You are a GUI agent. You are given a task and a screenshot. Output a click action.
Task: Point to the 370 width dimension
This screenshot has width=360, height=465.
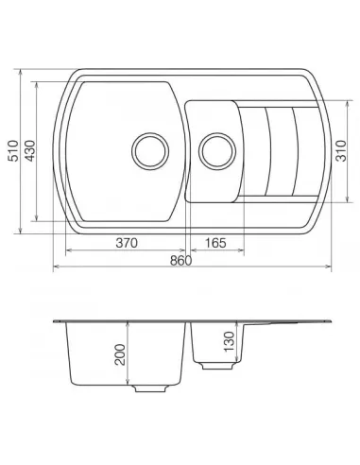(128, 243)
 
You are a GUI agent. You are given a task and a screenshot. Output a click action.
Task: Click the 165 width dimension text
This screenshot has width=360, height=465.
(214, 243)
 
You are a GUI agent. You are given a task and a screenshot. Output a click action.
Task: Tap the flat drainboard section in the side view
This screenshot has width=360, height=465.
(293, 324)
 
